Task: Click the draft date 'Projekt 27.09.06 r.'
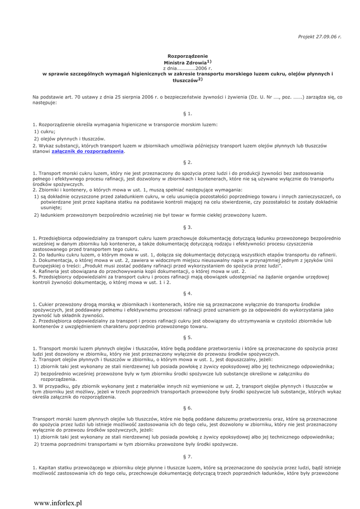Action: [320, 37]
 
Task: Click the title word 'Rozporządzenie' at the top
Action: [187, 56]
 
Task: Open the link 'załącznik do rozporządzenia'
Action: [88, 151]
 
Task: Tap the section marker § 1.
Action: [187, 113]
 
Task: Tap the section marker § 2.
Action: [187, 163]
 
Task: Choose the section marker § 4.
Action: [187, 293]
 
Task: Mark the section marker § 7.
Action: [187, 456]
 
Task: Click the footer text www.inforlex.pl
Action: [58, 503]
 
